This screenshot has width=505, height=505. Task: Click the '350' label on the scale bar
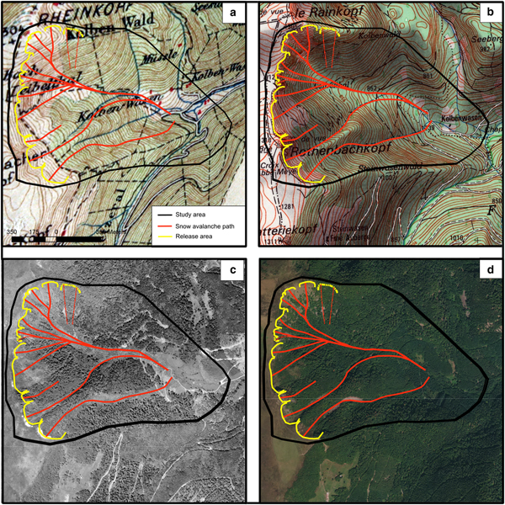tap(13, 231)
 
